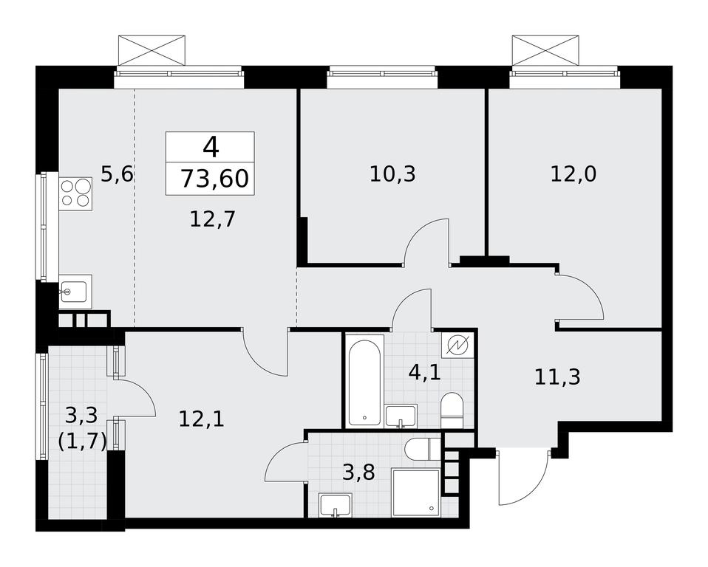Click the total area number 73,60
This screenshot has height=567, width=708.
click(x=214, y=178)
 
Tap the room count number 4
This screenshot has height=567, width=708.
click(x=211, y=147)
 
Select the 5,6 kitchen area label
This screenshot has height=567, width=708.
click(x=117, y=173)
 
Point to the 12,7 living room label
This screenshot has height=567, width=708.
click(x=213, y=220)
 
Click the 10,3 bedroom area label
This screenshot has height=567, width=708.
click(x=392, y=173)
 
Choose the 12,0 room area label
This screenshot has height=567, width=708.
click(x=573, y=173)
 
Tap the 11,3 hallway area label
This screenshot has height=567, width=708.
click(x=557, y=377)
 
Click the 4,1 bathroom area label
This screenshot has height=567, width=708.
click(x=424, y=373)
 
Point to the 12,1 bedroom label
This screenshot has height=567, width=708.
click(x=201, y=419)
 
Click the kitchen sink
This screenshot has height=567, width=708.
click(x=75, y=292)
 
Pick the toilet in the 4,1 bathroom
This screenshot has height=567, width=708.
click(x=452, y=410)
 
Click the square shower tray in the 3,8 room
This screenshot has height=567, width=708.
click(x=416, y=492)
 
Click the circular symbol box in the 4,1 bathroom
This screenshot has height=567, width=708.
click(x=457, y=346)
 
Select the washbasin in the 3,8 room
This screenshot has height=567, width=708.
click(x=335, y=505)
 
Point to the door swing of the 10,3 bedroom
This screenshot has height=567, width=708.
click(x=426, y=241)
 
